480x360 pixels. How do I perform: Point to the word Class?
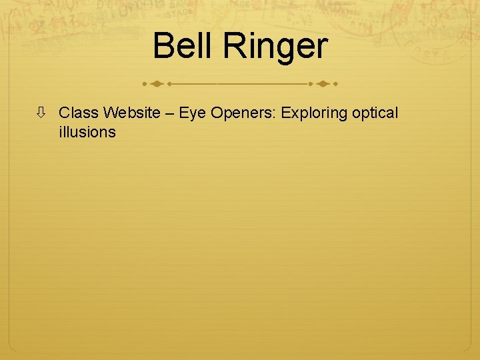tap(78, 113)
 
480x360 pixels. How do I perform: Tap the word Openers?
tap(242, 114)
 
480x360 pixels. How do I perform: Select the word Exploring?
tap(313, 114)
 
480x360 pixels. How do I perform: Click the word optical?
tap(374, 114)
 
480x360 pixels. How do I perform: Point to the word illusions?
tap(87, 132)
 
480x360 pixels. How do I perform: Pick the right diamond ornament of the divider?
tap(322, 85)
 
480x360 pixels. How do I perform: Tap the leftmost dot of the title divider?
tap(145, 85)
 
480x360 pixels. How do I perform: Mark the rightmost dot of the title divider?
tap(335, 85)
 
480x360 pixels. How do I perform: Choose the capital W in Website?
tap(111, 113)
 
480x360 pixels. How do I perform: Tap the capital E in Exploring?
tap(285, 113)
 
